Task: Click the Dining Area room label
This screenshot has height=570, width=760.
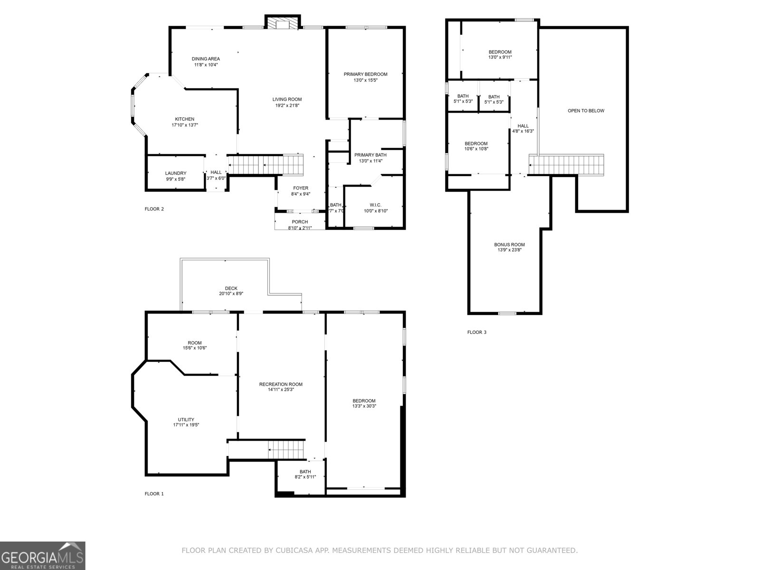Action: click(206, 59)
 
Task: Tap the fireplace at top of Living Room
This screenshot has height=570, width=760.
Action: click(283, 24)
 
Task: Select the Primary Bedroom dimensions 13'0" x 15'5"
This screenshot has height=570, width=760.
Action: click(365, 80)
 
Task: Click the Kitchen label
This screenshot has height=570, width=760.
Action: click(184, 119)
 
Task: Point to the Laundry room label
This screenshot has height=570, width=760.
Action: click(176, 173)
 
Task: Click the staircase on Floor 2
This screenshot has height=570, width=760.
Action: click(266, 165)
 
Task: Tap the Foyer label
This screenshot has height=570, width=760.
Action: click(300, 188)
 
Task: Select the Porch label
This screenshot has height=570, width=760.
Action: click(300, 222)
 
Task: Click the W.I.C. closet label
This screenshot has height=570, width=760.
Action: click(376, 205)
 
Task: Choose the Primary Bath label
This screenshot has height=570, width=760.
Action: click(370, 155)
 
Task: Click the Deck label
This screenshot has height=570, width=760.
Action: click(231, 288)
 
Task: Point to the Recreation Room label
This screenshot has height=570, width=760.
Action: click(281, 384)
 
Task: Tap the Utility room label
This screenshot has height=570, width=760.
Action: click(186, 419)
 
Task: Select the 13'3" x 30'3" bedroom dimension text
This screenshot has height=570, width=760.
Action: click(364, 406)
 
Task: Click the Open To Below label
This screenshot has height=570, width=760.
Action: click(586, 111)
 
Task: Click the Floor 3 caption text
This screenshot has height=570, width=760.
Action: click(476, 332)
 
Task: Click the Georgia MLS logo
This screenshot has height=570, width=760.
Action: click(43, 555)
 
